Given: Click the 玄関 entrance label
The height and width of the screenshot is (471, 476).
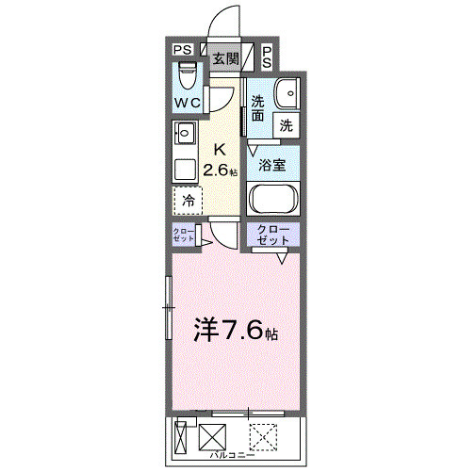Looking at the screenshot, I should pos(224,57).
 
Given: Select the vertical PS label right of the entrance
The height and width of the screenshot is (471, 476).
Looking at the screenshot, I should pos(268,57).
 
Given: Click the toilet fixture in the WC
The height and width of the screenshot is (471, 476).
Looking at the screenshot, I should pos(185,74).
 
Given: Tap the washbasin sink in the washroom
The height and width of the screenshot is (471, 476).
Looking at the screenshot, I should pos(287,93).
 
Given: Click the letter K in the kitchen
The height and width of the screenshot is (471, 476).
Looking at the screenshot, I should pos(220,149).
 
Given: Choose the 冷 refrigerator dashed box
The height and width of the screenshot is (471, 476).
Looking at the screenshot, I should pos(187,200).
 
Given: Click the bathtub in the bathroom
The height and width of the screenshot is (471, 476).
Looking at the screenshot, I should pos(273,200).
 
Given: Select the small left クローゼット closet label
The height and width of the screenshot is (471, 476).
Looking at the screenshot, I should pos(184,235).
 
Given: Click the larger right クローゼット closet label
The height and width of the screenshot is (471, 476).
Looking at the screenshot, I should pos(273,235).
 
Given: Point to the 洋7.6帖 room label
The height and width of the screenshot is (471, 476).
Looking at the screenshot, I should pos(236,330).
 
